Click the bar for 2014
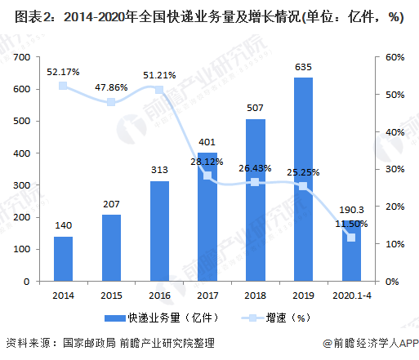63,259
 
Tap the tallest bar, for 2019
303,180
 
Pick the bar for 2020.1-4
351,253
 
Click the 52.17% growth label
63,72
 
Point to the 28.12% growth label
207,162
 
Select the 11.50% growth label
351,223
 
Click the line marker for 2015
111,102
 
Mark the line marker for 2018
255,182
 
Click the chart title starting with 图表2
209,18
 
